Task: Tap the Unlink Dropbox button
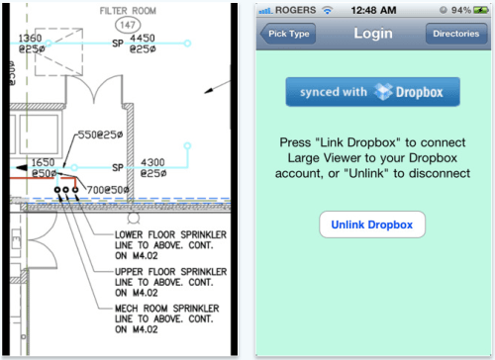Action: click(x=372, y=224)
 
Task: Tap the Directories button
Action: click(x=457, y=34)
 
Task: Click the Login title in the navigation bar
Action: click(x=371, y=34)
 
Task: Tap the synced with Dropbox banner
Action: click(x=372, y=92)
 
